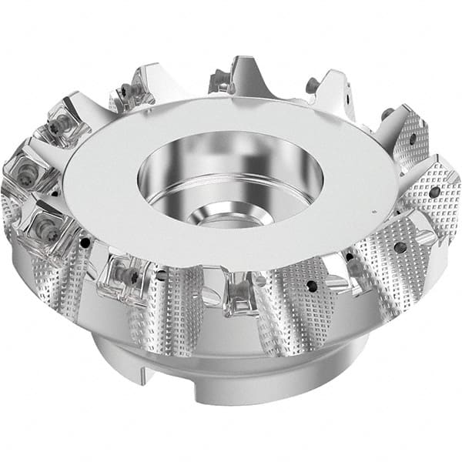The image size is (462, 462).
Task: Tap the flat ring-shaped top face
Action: point(115,185)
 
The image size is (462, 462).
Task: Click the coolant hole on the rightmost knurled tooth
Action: point(436,192)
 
